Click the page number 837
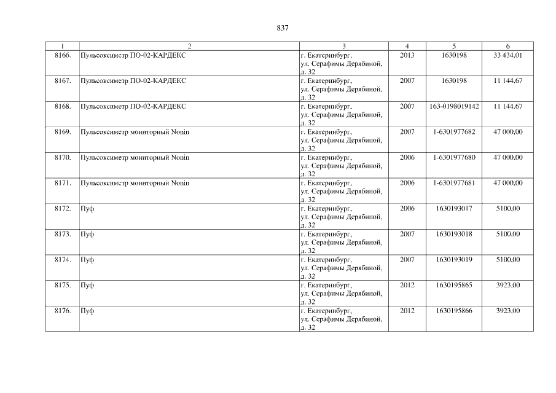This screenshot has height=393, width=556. [x=283, y=28]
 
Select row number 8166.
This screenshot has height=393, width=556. [x=63, y=55]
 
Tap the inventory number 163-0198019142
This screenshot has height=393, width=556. [x=454, y=107]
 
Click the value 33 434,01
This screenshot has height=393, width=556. [x=507, y=55]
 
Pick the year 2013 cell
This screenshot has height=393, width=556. [x=407, y=55]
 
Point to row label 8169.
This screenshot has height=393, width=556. [x=63, y=132]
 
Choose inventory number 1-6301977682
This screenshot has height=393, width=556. [x=454, y=132]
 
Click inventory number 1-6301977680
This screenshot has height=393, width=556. [x=454, y=158]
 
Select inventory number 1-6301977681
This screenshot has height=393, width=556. [x=454, y=183]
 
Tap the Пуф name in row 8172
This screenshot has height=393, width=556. [x=87, y=209]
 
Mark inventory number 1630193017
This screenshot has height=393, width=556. [x=454, y=209]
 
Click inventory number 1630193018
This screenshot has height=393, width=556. [x=454, y=235]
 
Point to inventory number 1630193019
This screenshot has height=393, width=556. [x=454, y=260]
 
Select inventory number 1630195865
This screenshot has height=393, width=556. [x=454, y=286]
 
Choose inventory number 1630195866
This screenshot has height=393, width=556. [x=454, y=311]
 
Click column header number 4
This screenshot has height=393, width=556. [x=407, y=46]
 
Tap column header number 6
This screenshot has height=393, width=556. [x=507, y=46]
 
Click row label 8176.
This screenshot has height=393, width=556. [x=63, y=311]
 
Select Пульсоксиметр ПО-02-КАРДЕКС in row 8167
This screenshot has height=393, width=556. [x=133, y=81]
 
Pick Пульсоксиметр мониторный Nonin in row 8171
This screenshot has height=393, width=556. [x=135, y=183]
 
